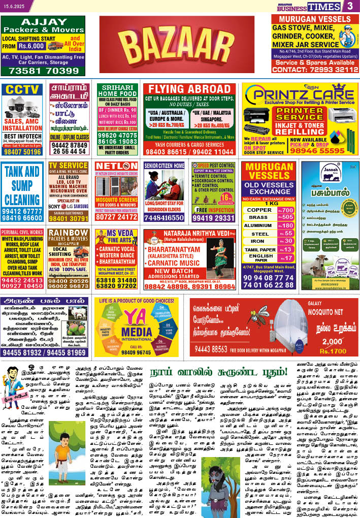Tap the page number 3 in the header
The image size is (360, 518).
tap(350, 6)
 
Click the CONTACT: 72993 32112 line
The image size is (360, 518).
tap(315, 70)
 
